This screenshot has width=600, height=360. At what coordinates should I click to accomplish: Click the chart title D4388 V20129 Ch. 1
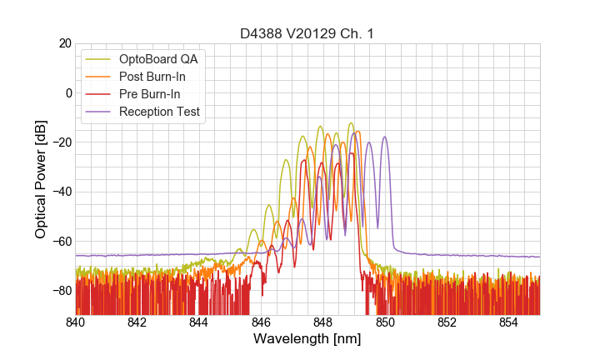[x=307, y=33]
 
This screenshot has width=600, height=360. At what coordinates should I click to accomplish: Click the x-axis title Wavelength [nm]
[x=307, y=340]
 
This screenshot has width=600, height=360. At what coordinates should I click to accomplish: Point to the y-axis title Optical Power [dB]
[x=41, y=179]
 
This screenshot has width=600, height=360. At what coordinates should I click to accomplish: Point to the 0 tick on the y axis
[x=67, y=92]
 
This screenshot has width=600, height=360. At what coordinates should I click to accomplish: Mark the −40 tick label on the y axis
[x=60, y=192]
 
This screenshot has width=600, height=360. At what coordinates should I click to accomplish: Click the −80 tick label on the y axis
[x=60, y=291]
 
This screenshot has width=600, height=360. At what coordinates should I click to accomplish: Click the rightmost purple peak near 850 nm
[x=384, y=137]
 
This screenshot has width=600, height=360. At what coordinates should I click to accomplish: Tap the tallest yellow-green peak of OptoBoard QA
[x=351, y=123]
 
